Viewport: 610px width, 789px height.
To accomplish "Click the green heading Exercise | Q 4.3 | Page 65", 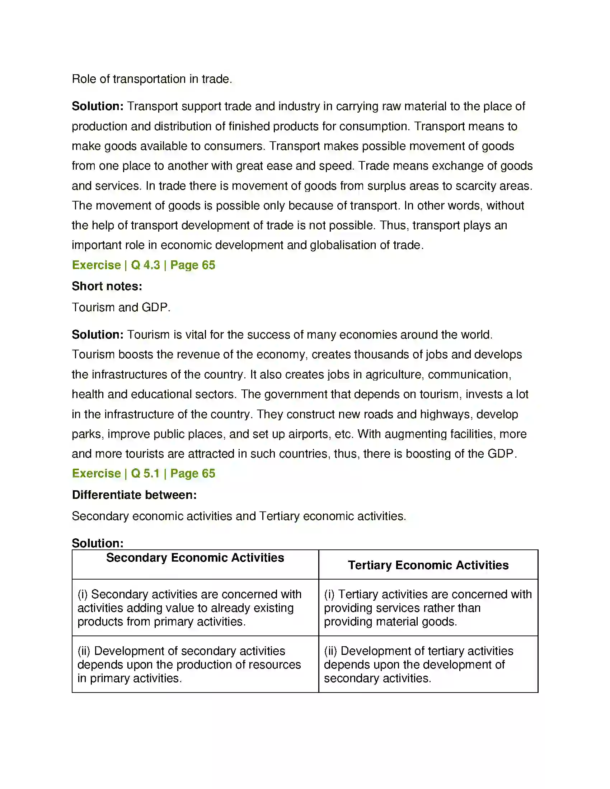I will tap(144, 265).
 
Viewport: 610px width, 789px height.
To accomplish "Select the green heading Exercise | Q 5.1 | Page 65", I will tap(144, 473).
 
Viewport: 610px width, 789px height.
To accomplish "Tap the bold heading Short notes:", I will tap(107, 286).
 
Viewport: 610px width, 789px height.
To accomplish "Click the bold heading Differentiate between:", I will tap(134, 495).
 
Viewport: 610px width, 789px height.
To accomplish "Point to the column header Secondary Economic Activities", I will tap(195, 558).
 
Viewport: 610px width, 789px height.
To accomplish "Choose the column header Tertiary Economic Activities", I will tap(428, 565).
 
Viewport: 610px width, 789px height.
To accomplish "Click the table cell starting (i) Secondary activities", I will tap(190, 608).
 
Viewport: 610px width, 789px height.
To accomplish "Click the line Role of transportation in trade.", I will tap(152, 79).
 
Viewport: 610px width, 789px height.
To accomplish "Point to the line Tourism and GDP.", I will tap(121, 307).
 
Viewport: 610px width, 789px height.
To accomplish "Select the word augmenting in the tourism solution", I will tap(415, 434).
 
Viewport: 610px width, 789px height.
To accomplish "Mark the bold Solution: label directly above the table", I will tap(98, 543).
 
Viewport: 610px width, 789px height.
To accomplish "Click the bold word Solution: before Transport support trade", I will tap(98, 106).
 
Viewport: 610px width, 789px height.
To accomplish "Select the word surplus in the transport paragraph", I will tap(385, 186).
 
